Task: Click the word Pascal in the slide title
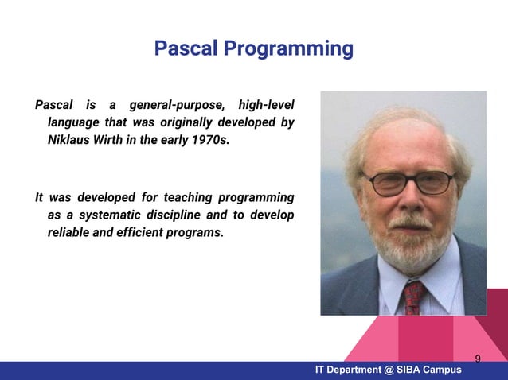(185, 49)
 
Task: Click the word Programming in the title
(287, 50)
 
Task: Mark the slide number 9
(478, 359)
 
